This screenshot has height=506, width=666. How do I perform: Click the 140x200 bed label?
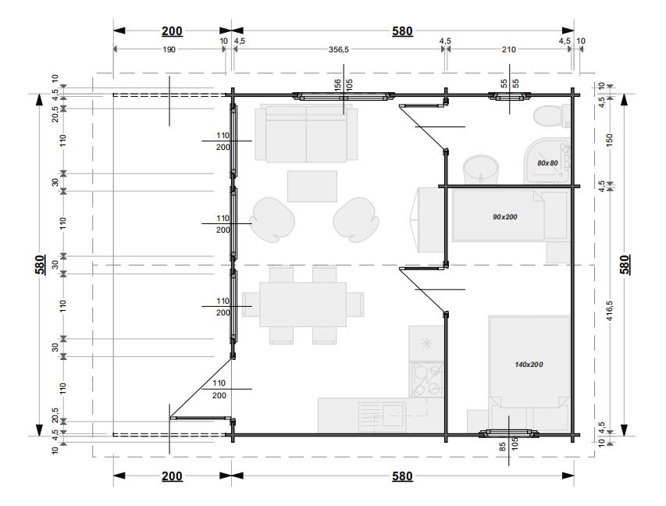pos(529,364)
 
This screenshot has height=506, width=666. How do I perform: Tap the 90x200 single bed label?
pos(505,216)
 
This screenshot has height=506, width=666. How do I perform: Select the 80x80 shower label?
pos(547,162)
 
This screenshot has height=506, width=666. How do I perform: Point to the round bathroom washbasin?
pos(480,169)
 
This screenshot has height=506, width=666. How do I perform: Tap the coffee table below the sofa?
pos(312,186)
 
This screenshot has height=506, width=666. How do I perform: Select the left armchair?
pos(272,219)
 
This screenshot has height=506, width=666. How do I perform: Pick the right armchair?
pos(356,219)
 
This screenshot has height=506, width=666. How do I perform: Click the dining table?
pos(303,305)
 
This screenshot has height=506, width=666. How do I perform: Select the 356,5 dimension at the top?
pos(339,49)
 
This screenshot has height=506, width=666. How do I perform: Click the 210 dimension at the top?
pos(508,49)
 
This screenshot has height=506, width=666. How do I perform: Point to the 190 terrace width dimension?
pos(169,49)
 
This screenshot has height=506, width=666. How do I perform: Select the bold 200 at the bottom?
pos(172,476)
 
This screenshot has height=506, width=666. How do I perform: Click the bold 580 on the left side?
pos(41,265)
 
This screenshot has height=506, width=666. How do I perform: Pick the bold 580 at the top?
pos(402,31)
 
